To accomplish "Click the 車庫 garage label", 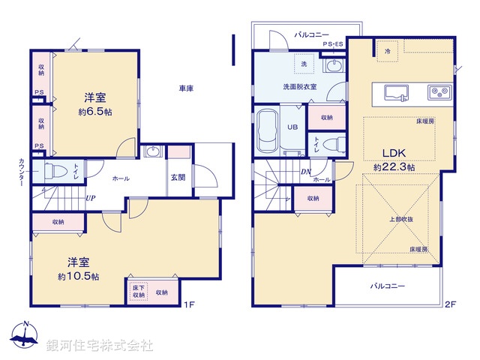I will click(x=186, y=88).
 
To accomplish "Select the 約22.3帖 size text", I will click(x=395, y=167).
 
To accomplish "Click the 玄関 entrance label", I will click(x=178, y=178).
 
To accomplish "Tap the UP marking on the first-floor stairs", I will click(x=90, y=199).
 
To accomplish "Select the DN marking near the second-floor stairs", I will click(x=307, y=171).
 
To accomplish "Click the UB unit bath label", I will click(x=292, y=127).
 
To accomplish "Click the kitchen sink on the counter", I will click(x=397, y=92).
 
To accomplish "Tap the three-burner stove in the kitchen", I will click(x=438, y=92).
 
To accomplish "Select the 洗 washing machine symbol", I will click(x=304, y=64).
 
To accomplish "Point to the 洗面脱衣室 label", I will click(x=299, y=86).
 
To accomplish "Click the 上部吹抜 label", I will click(x=400, y=219).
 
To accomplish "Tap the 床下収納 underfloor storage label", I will click(x=138, y=291).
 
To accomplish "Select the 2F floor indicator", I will click(x=450, y=304).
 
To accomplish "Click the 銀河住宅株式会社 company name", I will click(x=100, y=346).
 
